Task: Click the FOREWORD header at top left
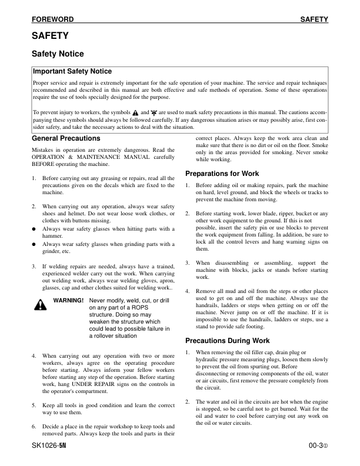(x=52, y=20)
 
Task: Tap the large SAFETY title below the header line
(x=50, y=36)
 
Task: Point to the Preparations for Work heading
(x=223, y=174)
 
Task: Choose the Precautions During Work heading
(x=228, y=341)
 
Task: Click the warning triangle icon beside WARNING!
(x=40, y=304)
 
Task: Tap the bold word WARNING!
(x=68, y=300)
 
